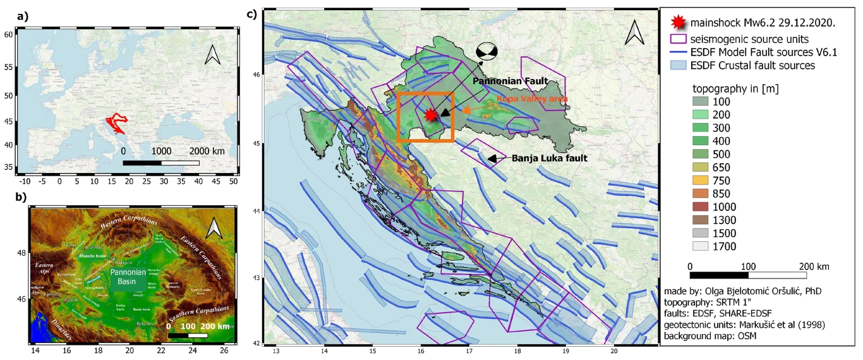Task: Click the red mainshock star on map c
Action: coord(431,114)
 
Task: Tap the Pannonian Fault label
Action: coord(511,81)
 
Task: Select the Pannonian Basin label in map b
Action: coord(129,276)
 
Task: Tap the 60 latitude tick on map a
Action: coord(8,35)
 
